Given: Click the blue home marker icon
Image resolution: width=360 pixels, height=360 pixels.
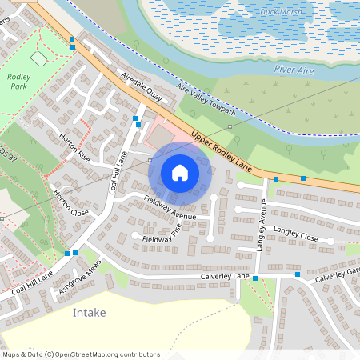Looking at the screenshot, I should coord(180,172).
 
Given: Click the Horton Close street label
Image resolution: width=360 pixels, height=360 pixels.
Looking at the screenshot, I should coord(71,203).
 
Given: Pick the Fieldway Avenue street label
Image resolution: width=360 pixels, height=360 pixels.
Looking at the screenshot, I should coord(170,208).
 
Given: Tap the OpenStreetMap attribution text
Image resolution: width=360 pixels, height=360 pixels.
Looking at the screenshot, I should coord(80,354).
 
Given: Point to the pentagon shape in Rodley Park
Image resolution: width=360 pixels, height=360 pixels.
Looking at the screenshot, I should coord(38,59).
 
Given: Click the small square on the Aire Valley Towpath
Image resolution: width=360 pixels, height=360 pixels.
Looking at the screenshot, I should coord(230,126).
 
